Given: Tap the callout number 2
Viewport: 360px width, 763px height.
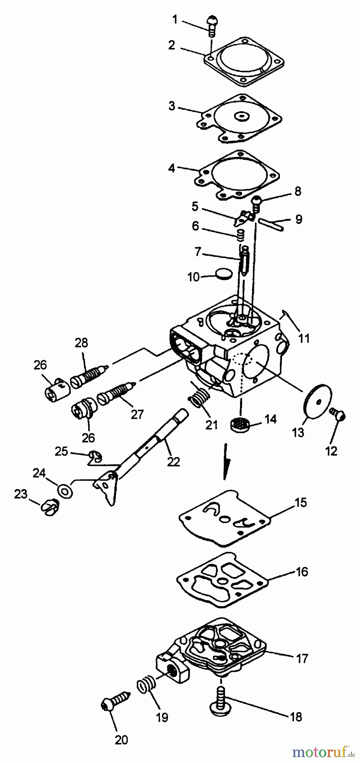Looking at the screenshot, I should tap(171, 45).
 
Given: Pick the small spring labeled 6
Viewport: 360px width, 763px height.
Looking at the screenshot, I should tap(241, 234).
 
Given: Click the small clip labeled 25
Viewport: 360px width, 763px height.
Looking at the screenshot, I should tap(96, 457).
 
